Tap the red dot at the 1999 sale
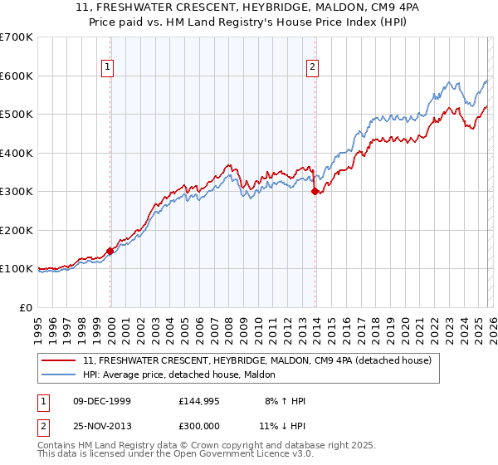coord(110,251)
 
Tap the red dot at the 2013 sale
coord(315,191)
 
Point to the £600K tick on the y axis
coord(17,76)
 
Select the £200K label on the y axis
coord(17,230)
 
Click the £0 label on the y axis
coord(27,307)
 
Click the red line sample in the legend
coord(60,361)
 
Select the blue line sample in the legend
coord(60,375)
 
